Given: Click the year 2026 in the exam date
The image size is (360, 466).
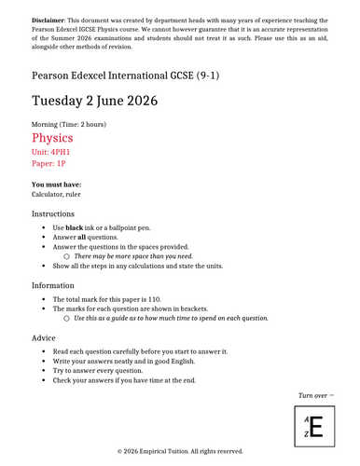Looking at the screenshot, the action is click(136, 101).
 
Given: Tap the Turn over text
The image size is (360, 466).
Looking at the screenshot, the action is click(315, 395).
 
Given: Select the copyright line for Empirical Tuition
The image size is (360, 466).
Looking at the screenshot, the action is click(180, 451).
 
